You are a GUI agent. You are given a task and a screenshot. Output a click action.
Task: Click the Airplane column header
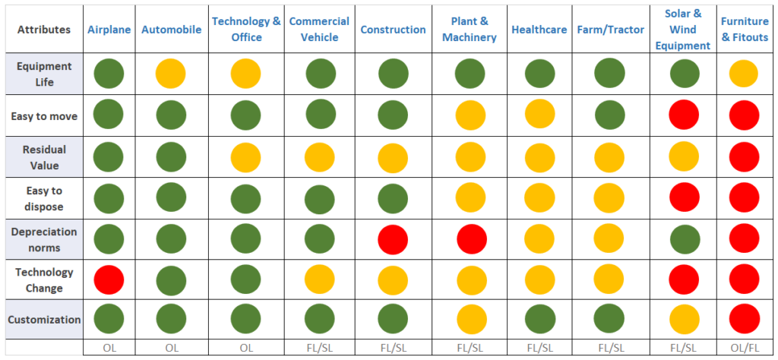click(x=109, y=30)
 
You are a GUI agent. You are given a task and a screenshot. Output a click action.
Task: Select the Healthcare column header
click(x=539, y=30)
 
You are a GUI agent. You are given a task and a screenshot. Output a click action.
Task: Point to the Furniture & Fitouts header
click(x=744, y=30)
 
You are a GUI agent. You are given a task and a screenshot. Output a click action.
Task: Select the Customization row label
click(x=44, y=320)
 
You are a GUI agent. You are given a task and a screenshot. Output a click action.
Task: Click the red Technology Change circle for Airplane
click(x=109, y=279)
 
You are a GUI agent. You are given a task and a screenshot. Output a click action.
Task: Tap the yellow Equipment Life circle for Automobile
click(x=171, y=74)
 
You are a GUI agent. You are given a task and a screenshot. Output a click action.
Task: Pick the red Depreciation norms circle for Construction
click(x=393, y=238)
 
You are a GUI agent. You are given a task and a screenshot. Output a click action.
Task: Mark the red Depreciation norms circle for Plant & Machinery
click(x=470, y=238)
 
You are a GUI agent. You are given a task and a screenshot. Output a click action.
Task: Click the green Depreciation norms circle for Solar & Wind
click(x=684, y=238)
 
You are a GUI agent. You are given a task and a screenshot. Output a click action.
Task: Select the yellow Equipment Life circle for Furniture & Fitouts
click(x=743, y=74)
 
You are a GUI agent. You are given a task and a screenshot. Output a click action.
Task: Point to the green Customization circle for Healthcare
click(x=539, y=320)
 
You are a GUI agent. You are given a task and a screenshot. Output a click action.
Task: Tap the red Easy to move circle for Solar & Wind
click(x=684, y=115)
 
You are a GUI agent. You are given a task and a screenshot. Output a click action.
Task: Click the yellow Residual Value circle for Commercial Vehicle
click(x=320, y=157)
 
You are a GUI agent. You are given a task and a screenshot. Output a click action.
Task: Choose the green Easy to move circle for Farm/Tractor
click(x=609, y=115)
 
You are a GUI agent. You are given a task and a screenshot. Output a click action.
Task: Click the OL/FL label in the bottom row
click(x=744, y=348)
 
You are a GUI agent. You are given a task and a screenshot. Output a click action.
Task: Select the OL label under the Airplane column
click(x=109, y=348)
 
